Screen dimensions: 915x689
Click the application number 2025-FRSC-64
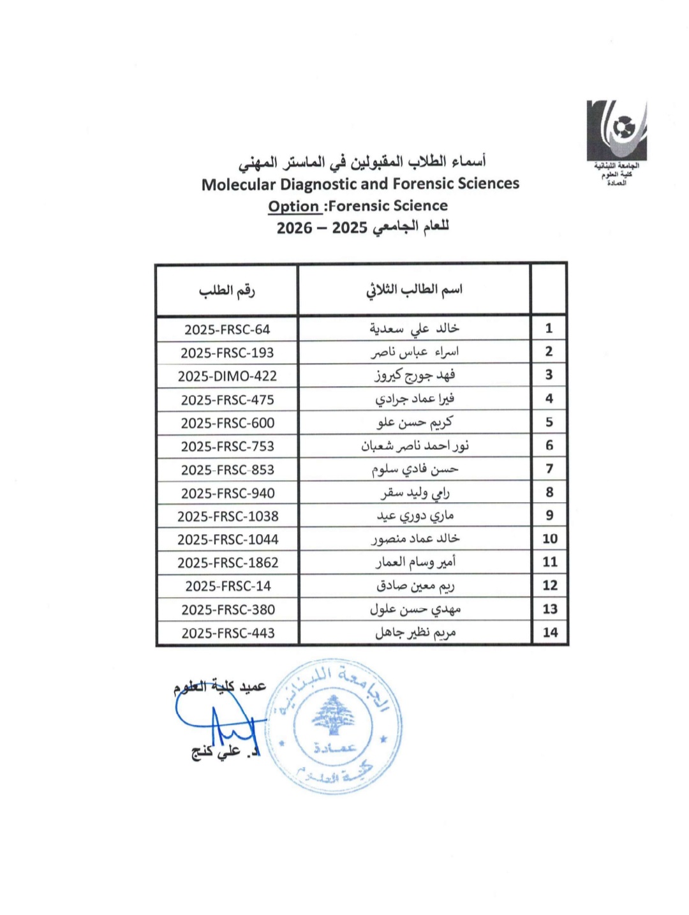(227, 330)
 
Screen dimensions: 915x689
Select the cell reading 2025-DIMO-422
(227, 376)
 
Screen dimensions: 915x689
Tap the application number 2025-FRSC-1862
(228, 563)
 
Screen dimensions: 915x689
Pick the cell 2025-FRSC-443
(228, 633)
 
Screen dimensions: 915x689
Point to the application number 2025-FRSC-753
(227, 447)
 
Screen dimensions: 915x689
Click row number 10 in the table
(549, 539)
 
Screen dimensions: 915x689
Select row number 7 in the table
(549, 469)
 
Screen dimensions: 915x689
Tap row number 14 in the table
(550, 632)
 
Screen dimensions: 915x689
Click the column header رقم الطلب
(226, 291)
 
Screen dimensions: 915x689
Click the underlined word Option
(293, 206)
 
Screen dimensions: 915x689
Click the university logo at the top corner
(616, 131)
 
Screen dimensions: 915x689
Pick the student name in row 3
(414, 376)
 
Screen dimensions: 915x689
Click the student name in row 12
(415, 586)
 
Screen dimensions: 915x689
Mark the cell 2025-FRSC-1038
(228, 516)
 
